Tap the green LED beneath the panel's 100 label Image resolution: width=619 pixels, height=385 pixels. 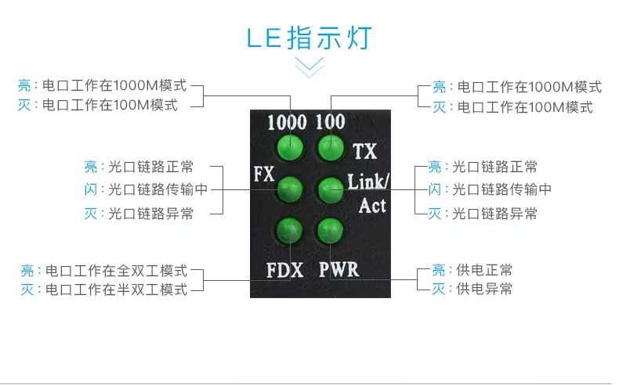331,146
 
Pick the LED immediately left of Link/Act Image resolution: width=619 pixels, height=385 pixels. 329,189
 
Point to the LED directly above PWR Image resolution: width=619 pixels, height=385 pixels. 329,230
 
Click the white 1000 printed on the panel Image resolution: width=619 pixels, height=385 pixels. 287,123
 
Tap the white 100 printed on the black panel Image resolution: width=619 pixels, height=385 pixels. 330,123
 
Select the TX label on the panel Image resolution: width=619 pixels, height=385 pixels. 364,151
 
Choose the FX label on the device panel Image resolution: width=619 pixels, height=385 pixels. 264,174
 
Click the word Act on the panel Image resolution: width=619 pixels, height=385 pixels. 372,206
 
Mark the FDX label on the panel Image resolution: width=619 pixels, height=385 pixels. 284,271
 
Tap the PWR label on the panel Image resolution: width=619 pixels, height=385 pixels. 338,270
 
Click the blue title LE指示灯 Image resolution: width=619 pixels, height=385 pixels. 309,38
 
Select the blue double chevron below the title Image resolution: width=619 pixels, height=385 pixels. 309,66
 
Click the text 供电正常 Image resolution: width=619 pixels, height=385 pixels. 484,271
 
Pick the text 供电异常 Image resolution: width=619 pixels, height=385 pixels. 484,289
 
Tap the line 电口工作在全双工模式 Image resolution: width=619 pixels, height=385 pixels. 116,271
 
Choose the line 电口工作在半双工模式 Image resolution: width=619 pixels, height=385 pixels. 116,290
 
